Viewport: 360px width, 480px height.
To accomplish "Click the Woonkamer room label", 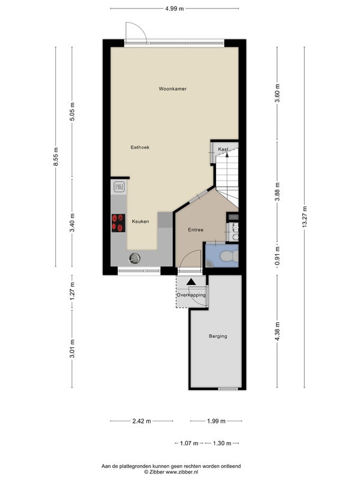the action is (x=172, y=89).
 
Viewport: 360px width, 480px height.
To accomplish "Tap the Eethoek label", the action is (x=140, y=147).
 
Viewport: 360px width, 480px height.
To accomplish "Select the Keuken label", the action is (x=140, y=221).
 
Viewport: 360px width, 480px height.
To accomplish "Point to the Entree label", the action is (x=196, y=230).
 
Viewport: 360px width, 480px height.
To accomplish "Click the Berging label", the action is (x=218, y=336).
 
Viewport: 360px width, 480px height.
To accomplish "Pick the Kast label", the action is (x=223, y=149).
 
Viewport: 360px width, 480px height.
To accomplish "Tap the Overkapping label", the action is (x=191, y=295).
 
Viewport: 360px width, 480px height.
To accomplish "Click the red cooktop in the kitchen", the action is (x=118, y=223).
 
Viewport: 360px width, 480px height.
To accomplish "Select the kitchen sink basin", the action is (x=119, y=187).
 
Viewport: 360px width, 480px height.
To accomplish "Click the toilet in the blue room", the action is (x=230, y=256).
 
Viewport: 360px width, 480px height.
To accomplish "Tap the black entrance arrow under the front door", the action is (x=191, y=282).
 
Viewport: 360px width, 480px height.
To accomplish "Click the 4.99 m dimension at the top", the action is (x=175, y=8).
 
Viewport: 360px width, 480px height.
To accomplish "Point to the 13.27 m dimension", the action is (x=304, y=217).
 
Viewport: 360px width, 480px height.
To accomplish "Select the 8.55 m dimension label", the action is (x=56, y=157).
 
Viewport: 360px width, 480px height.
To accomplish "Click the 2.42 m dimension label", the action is (x=142, y=421).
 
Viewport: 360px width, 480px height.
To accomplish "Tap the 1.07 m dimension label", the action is (x=189, y=443).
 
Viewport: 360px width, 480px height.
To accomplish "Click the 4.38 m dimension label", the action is (x=277, y=331).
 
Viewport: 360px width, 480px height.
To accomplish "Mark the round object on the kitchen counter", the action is (x=134, y=259).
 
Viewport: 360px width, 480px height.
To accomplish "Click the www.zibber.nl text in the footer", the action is (x=182, y=472).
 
